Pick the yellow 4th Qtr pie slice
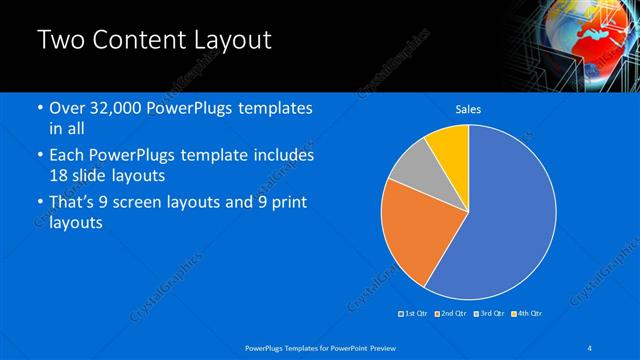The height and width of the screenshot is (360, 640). coord(451,147)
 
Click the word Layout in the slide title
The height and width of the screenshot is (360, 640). coord(228,41)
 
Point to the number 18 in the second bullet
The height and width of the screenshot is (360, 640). coord(59,176)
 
